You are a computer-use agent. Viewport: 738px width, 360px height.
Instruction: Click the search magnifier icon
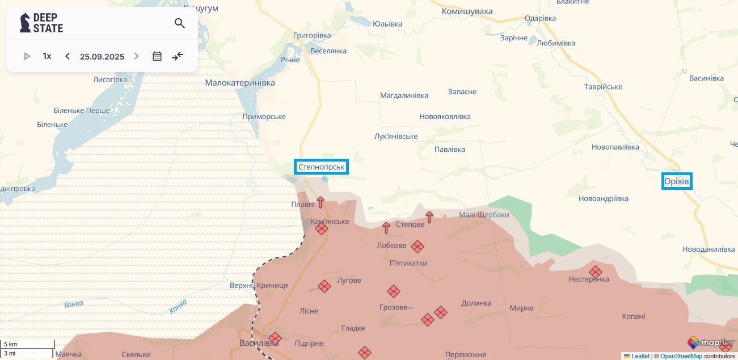(180, 23)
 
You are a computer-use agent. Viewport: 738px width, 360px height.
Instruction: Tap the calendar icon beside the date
(157, 56)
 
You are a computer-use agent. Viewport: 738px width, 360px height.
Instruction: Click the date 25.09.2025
(102, 56)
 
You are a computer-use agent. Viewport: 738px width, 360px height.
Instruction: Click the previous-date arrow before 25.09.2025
(68, 56)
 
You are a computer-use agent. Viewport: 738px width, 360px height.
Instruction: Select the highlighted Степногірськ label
(321, 167)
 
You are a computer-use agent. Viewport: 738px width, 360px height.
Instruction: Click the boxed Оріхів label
(677, 181)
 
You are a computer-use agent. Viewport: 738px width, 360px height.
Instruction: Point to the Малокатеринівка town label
(240, 83)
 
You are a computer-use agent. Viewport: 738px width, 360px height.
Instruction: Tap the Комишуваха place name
(467, 11)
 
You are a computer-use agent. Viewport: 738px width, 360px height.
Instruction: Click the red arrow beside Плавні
(320, 202)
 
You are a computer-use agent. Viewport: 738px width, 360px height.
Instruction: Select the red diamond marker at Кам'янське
(322, 228)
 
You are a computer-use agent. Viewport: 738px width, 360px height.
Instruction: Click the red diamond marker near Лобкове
(418, 247)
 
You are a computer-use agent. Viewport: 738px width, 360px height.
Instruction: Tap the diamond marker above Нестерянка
(595, 272)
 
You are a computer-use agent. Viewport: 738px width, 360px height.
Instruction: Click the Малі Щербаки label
(484, 215)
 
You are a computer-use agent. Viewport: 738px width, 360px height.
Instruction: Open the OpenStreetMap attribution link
(681, 356)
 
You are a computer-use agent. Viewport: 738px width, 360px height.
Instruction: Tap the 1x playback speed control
(47, 56)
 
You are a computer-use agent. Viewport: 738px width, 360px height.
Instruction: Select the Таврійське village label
(603, 87)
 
